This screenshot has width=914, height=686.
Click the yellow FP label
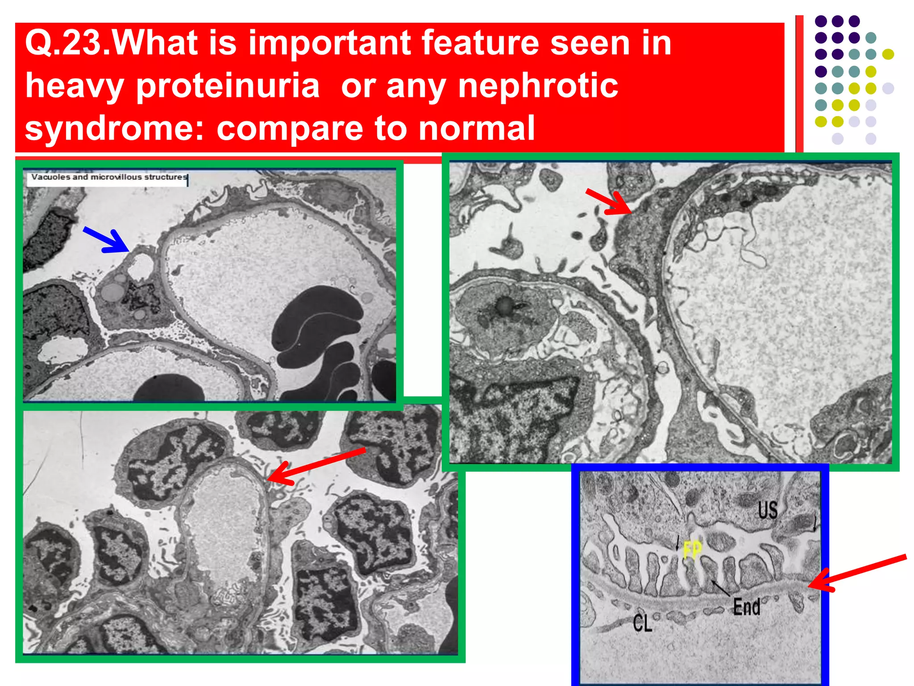tap(692, 549)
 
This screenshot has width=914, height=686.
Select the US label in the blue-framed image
tap(767, 510)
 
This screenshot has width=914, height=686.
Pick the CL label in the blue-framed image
tap(642, 623)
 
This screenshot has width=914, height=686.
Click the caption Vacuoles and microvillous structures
tap(108, 177)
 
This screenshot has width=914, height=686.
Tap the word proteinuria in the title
tap(228, 86)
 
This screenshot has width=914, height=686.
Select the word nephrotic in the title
tap(538, 86)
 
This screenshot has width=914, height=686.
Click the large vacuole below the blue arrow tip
tap(140, 267)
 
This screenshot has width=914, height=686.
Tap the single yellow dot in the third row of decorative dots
tap(888, 54)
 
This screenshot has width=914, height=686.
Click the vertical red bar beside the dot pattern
tap(799, 85)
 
